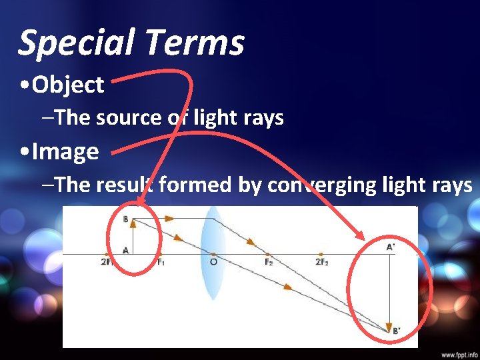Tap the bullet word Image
pos(65,151)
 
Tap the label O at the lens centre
pos(213,263)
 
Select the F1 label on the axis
pos(161,262)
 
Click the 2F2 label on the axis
pos(322,262)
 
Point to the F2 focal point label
pos(268,262)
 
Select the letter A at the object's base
pos(126,251)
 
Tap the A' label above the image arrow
pos(391,246)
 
